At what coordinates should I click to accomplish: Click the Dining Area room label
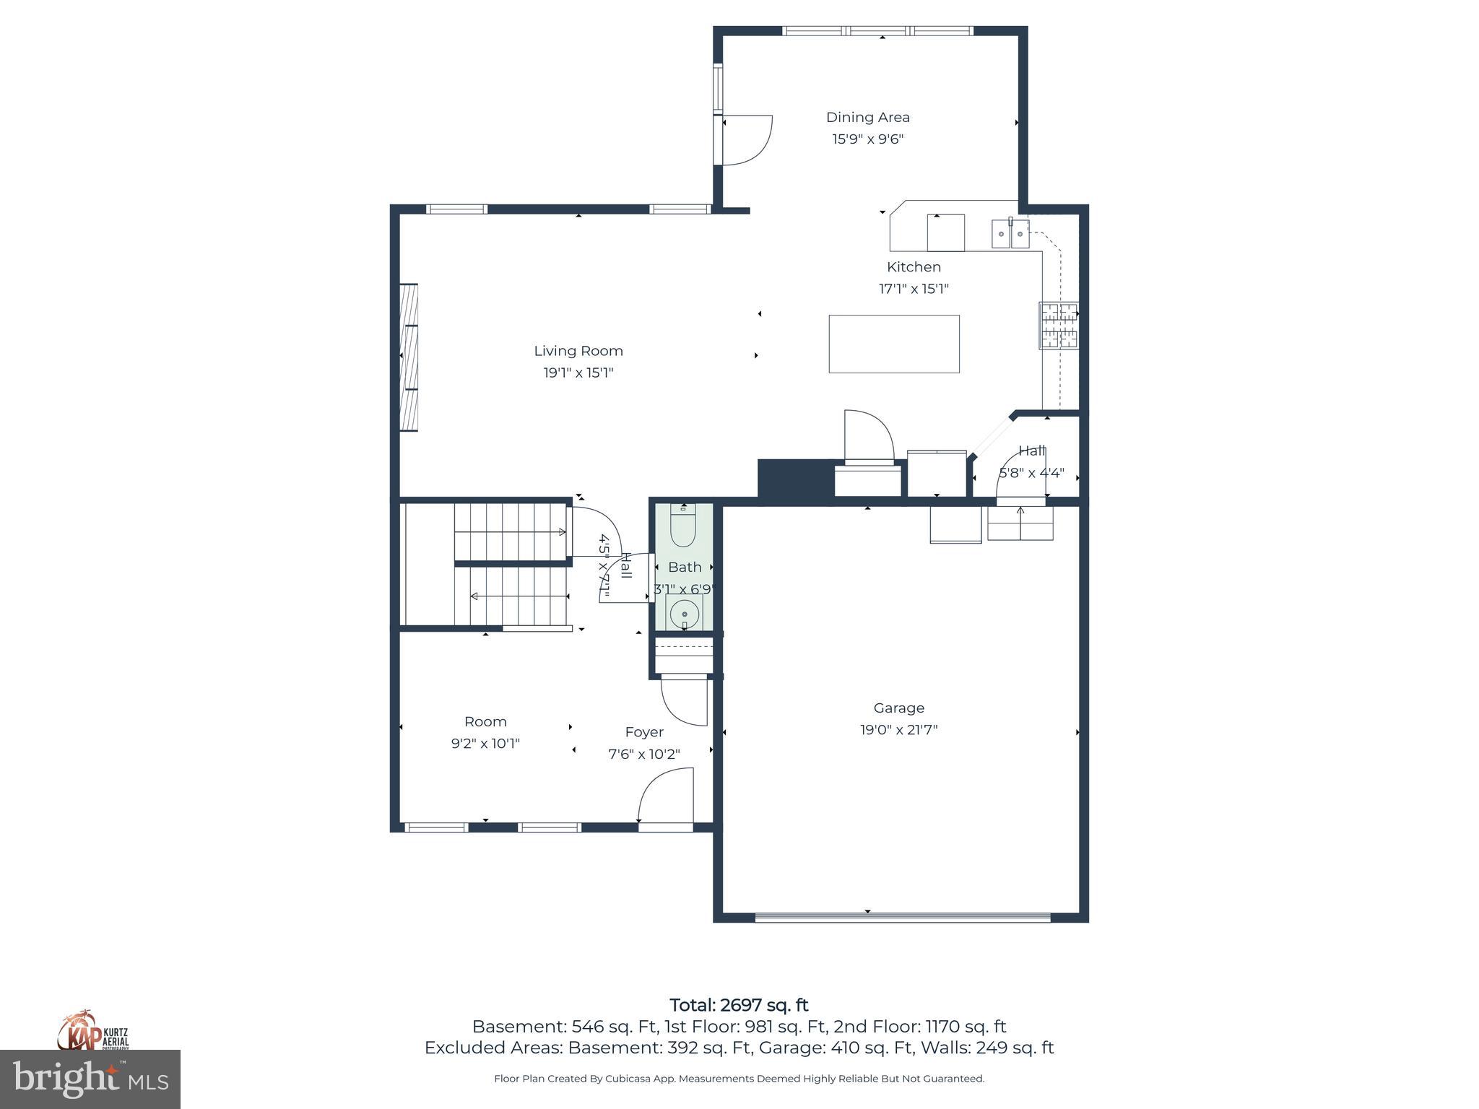point(867,117)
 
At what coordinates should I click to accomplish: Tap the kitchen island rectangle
point(893,344)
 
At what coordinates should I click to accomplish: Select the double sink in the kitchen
point(1010,234)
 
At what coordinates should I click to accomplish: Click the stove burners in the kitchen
point(1059,325)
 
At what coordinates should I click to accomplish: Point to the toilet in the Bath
point(682,526)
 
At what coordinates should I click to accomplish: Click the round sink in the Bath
point(683,614)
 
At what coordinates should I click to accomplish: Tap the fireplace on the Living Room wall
point(409,357)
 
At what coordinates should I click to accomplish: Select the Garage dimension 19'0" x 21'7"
point(898,730)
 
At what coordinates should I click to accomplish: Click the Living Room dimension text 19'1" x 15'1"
point(578,373)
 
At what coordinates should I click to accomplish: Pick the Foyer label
point(643,732)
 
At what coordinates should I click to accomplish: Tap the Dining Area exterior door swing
point(747,140)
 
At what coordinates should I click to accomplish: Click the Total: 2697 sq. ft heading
point(739,1005)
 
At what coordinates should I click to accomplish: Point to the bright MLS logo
point(90,1079)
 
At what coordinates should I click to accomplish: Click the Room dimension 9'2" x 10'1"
point(485,744)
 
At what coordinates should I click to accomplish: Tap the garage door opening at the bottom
point(902,918)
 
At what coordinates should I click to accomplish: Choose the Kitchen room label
point(914,266)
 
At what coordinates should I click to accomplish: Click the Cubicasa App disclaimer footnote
point(739,1079)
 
